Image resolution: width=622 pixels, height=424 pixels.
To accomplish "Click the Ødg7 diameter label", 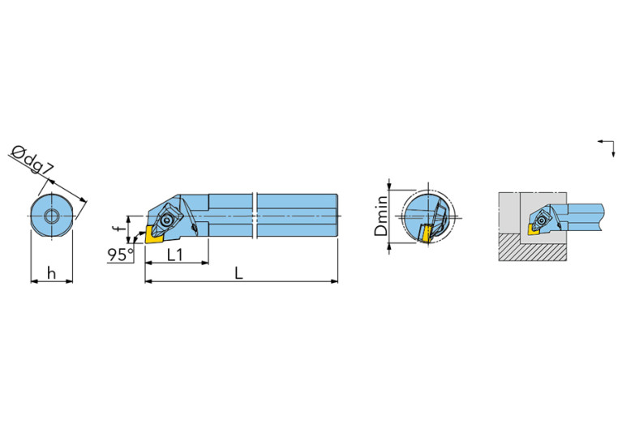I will tap(33, 161).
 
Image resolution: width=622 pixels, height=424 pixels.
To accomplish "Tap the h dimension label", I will tap(51, 273).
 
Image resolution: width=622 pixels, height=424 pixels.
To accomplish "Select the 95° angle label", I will tap(120, 255).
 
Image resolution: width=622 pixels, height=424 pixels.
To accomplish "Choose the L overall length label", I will tap(239, 273).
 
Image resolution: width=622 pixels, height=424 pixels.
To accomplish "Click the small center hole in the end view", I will tap(52, 216).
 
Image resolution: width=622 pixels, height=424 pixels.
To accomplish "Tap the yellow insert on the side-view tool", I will tap(154, 238).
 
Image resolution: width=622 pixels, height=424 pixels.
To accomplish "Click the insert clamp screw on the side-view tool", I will tap(167, 218).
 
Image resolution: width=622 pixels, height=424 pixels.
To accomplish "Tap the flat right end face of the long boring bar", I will tap(337, 216).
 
